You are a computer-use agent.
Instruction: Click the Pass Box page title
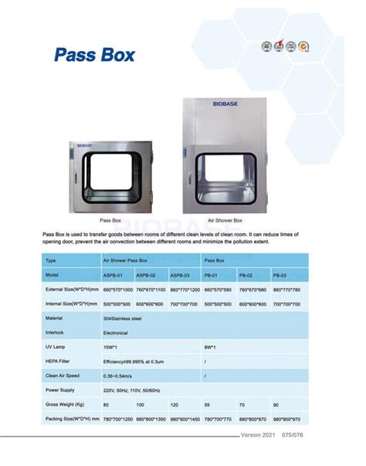tap(95, 55)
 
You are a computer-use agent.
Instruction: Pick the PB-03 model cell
tap(281, 274)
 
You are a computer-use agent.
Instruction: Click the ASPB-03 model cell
tap(181, 274)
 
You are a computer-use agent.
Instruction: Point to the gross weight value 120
tap(175, 404)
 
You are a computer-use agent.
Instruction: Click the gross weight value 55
tap(208, 404)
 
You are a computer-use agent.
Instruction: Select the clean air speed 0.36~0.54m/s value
tap(122, 376)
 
